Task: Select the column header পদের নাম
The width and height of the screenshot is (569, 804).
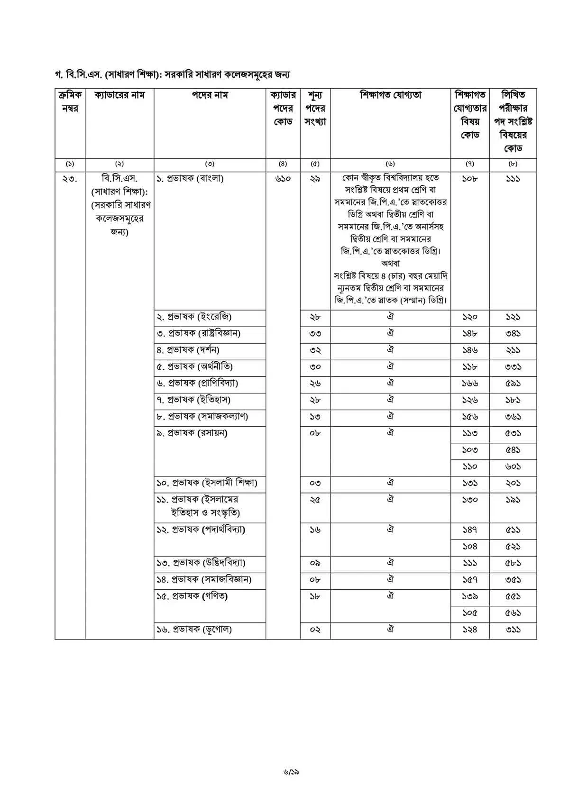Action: tap(210, 95)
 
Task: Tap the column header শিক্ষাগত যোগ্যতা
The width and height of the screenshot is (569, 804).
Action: tap(390, 95)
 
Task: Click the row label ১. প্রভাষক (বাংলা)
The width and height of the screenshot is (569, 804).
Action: tap(190, 179)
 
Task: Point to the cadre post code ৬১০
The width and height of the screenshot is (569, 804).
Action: tap(283, 179)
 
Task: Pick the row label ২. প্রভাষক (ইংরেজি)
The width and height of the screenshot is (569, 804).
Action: tap(194, 317)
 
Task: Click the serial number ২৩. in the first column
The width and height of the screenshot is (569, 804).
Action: tap(70, 179)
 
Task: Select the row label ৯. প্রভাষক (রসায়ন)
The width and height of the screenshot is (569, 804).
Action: tap(192, 433)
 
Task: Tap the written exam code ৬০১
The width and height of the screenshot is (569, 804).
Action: tap(513, 466)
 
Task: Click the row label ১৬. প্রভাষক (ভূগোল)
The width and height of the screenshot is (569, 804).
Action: tap(194, 630)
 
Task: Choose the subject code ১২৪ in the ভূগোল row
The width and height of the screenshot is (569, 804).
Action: tap(469, 630)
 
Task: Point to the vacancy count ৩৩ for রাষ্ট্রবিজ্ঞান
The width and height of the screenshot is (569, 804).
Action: tap(315, 334)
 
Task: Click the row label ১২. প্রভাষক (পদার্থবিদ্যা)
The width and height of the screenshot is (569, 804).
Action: tap(201, 530)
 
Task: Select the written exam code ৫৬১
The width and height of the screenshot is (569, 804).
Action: tap(513, 613)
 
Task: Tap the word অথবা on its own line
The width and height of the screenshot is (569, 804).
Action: tap(390, 263)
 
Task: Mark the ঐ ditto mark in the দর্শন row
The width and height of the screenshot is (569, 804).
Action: tap(390, 350)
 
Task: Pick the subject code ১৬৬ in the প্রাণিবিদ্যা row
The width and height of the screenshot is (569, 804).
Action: tap(469, 384)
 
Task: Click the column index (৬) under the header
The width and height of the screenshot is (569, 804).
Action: tap(390, 164)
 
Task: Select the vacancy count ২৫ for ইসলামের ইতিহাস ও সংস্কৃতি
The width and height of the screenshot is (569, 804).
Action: tap(315, 500)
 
